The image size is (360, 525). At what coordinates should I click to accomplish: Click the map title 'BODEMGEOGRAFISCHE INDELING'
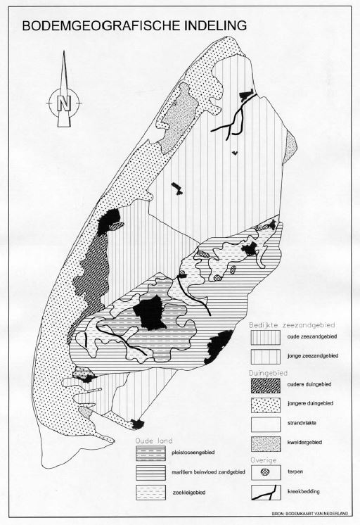click(x=134, y=26)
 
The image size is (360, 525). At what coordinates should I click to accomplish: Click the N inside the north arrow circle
click(x=64, y=103)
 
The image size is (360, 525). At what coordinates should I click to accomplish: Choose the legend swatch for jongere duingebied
click(x=265, y=405)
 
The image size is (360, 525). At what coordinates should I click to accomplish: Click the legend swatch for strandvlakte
click(x=265, y=424)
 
